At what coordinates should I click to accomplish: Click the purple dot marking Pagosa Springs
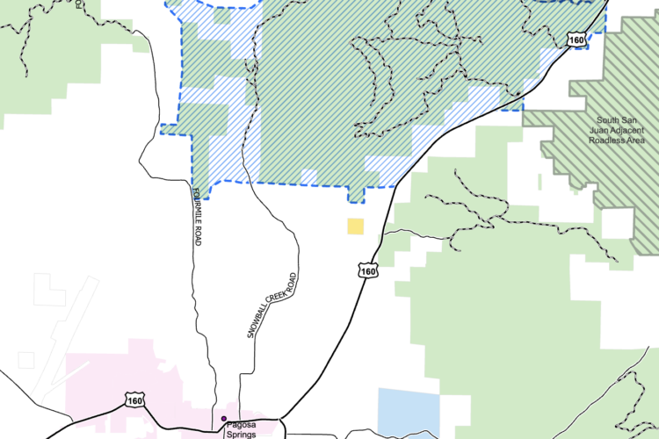click(224, 419)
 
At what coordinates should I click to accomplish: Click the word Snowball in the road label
click(255, 320)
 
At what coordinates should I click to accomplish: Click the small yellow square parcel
click(355, 227)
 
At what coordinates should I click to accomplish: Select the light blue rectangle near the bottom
click(409, 409)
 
